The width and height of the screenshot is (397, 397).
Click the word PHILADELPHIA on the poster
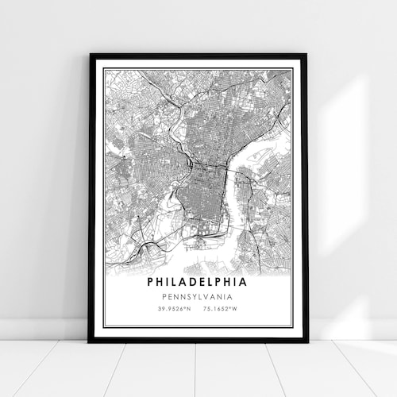tap(197, 281)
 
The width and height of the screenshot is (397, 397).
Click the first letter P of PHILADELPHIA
tap(151, 281)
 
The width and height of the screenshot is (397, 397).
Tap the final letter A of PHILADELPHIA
tap(243, 281)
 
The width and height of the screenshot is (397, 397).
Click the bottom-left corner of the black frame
tap(90, 341)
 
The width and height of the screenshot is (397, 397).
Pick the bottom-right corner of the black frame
tap(306, 341)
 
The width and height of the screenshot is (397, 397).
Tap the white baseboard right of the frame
tap(349, 330)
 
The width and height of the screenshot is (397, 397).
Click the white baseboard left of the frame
tap(40, 330)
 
